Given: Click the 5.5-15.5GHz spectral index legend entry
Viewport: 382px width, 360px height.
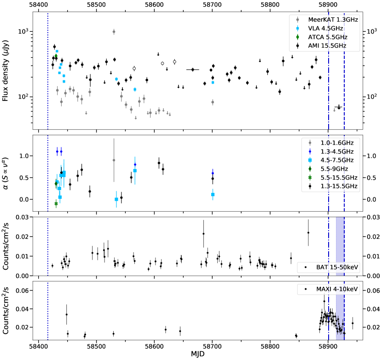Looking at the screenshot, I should click(x=329, y=177).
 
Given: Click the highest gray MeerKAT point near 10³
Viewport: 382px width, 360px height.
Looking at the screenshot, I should click(x=114, y=32).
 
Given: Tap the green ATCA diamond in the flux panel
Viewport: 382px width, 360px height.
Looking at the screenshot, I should click(x=56, y=56).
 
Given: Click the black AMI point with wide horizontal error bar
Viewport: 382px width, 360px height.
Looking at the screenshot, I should click(x=192, y=70).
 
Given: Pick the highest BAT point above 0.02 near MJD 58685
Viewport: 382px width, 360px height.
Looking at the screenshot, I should click(x=203, y=233).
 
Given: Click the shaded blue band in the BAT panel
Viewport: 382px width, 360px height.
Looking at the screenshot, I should click(x=340, y=246).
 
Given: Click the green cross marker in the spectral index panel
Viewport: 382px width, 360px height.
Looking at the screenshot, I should click(x=56, y=203).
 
